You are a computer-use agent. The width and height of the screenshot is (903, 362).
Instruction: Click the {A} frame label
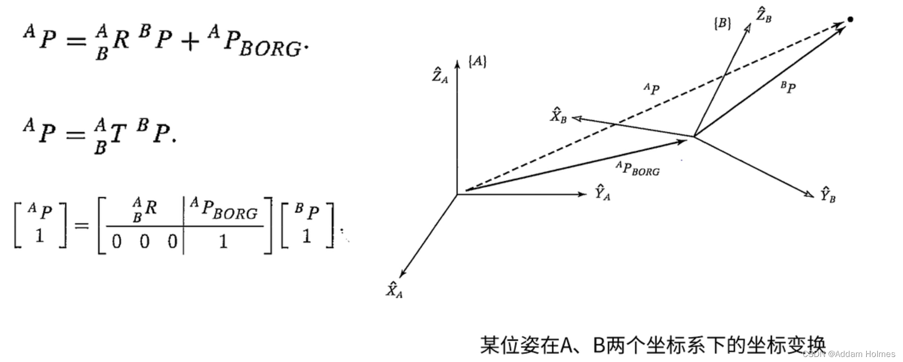click(477, 61)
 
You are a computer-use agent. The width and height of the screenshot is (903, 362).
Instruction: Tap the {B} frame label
click(722, 23)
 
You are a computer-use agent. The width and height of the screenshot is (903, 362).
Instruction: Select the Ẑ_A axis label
click(440, 76)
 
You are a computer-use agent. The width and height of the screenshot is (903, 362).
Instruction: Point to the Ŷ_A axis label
click(602, 193)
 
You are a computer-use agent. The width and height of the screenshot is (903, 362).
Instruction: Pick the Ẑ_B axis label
click(763, 16)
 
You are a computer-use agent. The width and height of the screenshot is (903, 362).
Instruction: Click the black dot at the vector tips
click(850, 20)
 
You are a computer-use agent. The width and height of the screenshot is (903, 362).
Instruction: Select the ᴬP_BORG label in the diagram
click(638, 168)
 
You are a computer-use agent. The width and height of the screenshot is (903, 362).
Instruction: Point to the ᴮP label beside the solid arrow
click(788, 87)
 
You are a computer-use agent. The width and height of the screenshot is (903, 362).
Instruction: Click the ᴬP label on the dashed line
click(651, 89)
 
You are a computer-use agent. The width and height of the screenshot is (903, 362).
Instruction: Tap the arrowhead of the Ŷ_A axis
click(583, 194)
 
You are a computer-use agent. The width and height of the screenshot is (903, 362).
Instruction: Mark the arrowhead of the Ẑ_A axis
click(457, 63)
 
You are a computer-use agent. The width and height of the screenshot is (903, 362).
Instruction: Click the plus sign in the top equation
click(190, 42)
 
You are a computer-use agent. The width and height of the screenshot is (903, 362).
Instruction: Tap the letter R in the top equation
click(121, 39)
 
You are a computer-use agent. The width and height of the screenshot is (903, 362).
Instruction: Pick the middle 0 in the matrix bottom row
click(145, 242)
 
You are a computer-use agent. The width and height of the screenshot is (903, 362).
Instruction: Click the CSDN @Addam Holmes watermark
click(849, 354)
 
